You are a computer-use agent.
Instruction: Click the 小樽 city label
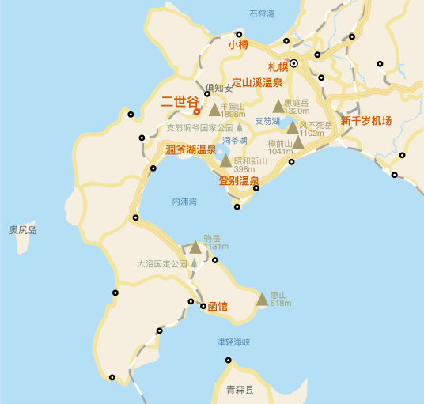pyautogui.click(x=238, y=46)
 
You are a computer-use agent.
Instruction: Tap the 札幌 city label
pyautogui.click(x=278, y=66)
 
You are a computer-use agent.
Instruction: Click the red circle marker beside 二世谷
pyautogui.click(x=197, y=111)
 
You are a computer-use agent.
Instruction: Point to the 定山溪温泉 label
pyautogui.click(x=257, y=82)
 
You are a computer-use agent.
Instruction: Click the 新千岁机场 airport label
pyautogui.click(x=366, y=121)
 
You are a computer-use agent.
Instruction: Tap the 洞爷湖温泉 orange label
pyautogui.click(x=191, y=149)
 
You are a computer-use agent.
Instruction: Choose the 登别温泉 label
pyautogui.click(x=239, y=181)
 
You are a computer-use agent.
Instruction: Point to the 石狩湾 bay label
pyautogui.click(x=262, y=13)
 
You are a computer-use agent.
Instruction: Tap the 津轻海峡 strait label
pyautogui.click(x=233, y=342)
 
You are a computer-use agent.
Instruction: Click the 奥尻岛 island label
pyautogui.click(x=23, y=230)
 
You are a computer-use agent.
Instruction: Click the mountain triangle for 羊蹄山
pyautogui.click(x=214, y=109)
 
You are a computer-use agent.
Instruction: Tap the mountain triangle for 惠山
pyautogui.click(x=263, y=299)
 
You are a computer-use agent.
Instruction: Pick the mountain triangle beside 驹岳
pyautogui.click(x=195, y=247)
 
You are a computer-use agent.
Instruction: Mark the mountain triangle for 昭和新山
pyautogui.click(x=225, y=160)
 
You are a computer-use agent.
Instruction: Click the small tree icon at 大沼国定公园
pyautogui.click(x=194, y=262)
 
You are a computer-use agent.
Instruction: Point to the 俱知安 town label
pyautogui.click(x=219, y=87)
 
